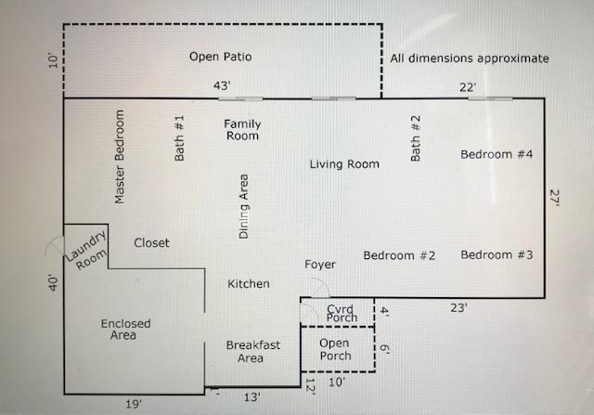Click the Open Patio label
[221, 57]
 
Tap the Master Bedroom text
[120, 157]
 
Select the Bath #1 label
[179, 138]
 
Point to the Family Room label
[242, 130]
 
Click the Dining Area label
[243, 206]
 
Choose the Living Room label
[344, 164]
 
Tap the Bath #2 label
[416, 138]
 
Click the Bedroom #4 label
[497, 154]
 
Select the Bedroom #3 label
[497, 254]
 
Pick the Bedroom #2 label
[399, 255]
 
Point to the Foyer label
[320, 265]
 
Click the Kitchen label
[249, 283]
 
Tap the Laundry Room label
[86, 251]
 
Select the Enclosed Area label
[125, 330]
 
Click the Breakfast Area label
[253, 351]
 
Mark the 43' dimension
[222, 85]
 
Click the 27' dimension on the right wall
[555, 198]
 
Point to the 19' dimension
[134, 405]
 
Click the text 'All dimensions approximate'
[470, 58]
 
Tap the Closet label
[151, 243]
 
